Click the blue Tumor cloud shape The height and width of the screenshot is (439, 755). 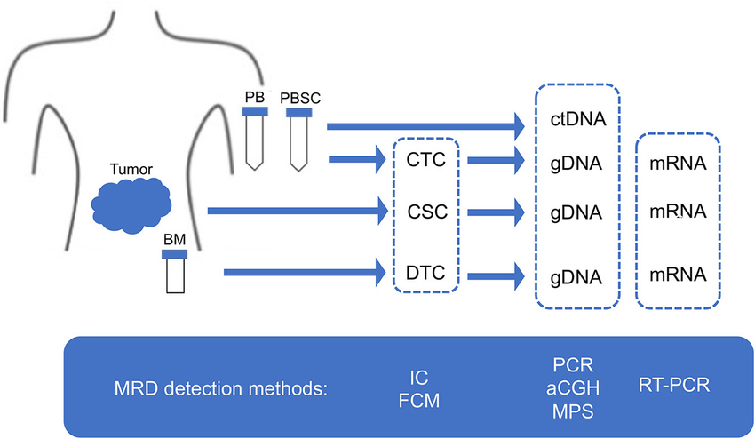131,203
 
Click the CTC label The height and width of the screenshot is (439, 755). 425,161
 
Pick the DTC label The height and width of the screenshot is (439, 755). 425,273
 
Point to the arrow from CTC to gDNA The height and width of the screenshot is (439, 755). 494,161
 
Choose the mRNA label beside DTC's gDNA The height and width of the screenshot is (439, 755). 678,275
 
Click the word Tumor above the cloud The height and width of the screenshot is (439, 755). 131,169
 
